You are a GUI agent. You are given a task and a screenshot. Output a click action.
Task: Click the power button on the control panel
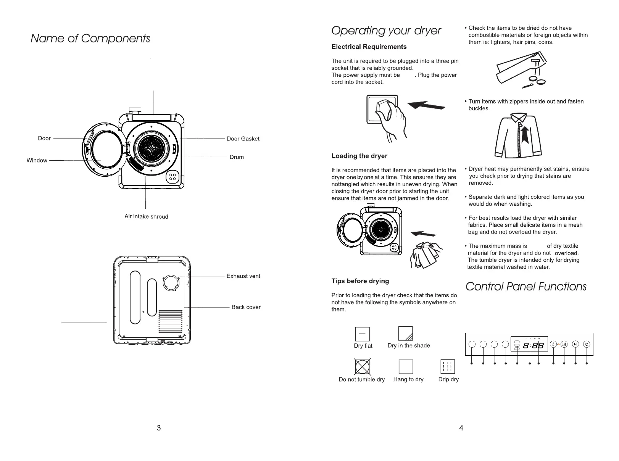coord(587,344)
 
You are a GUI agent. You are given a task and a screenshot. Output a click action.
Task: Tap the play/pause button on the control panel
coord(576,344)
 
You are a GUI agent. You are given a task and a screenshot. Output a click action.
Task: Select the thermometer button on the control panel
coord(553,344)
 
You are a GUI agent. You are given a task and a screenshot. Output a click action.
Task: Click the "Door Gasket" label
coord(243,139)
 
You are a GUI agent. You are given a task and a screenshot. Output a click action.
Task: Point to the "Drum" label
coord(237,157)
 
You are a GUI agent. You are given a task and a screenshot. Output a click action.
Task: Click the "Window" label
coord(37,160)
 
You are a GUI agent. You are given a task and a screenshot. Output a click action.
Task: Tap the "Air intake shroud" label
coord(146,217)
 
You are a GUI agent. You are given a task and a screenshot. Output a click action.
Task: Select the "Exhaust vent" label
coord(243,276)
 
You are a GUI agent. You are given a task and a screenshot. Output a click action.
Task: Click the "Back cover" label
coord(246,307)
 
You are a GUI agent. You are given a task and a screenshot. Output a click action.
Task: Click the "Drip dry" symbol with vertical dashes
coord(448,367)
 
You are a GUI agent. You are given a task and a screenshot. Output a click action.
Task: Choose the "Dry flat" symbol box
coord(362,334)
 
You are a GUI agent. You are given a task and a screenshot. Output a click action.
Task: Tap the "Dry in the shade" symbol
coord(405,334)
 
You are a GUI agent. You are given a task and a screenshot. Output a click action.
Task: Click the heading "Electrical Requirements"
coord(369,47)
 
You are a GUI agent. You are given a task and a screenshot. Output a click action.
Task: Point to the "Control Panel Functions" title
coord(526,287)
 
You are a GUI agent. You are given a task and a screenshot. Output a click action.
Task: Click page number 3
coord(159,428)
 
